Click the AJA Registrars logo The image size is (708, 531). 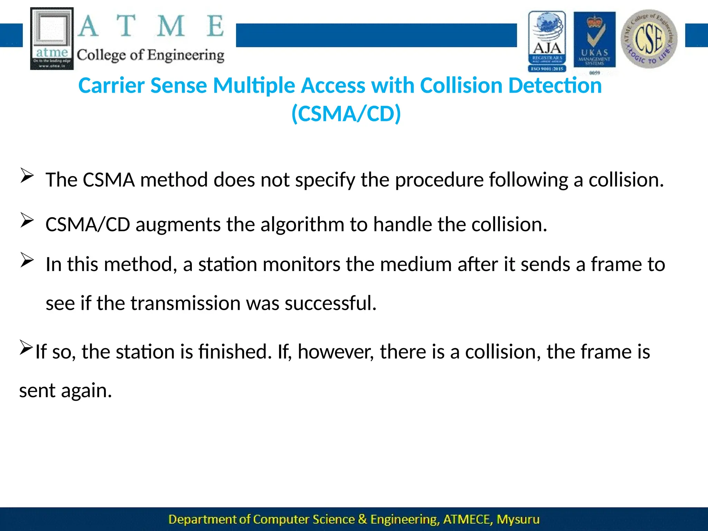(547, 41)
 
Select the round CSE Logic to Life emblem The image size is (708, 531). (649, 39)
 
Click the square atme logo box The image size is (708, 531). (52, 38)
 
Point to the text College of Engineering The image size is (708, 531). (150, 55)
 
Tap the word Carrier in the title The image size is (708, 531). (111, 85)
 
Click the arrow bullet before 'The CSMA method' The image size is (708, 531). (27, 175)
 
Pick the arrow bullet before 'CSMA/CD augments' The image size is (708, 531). (27, 220)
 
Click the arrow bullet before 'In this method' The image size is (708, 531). (27, 260)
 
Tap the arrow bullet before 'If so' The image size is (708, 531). (26, 347)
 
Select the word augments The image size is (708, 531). (178, 225)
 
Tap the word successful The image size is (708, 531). (330, 303)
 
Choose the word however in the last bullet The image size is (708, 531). (336, 352)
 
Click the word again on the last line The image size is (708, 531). (86, 391)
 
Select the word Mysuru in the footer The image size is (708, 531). (518, 519)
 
